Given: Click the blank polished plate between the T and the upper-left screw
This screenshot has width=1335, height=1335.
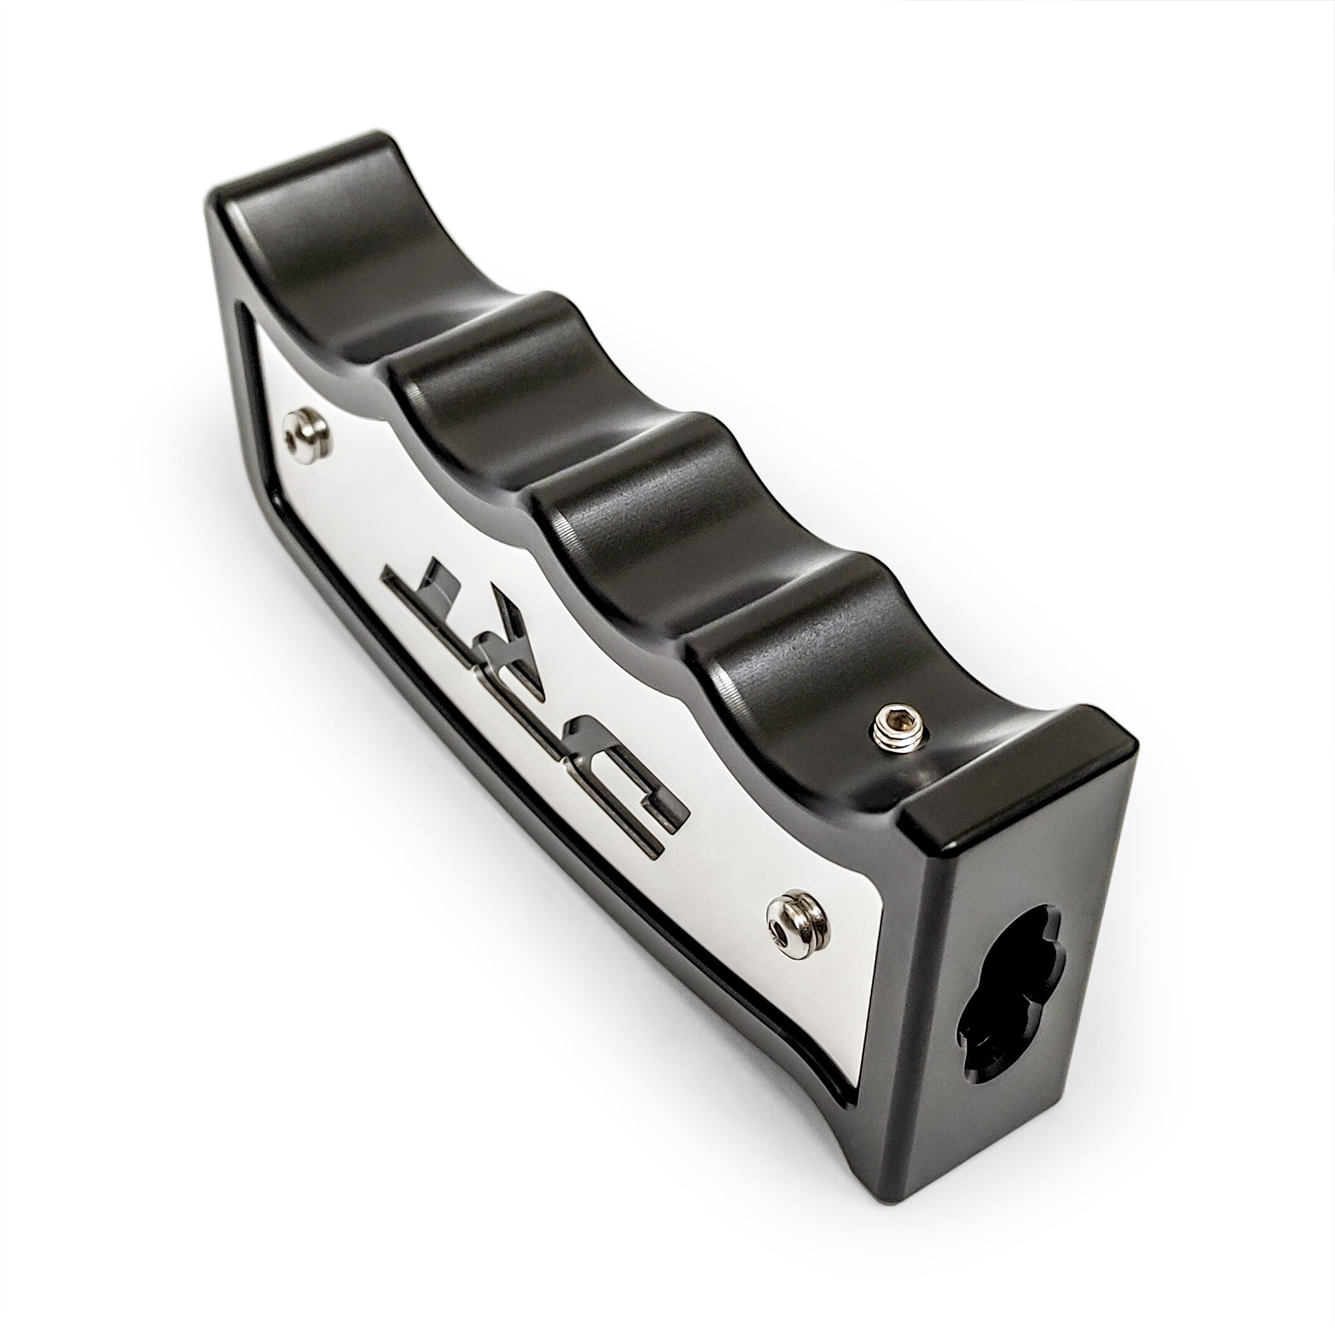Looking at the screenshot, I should pyautogui.click(x=359, y=505).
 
